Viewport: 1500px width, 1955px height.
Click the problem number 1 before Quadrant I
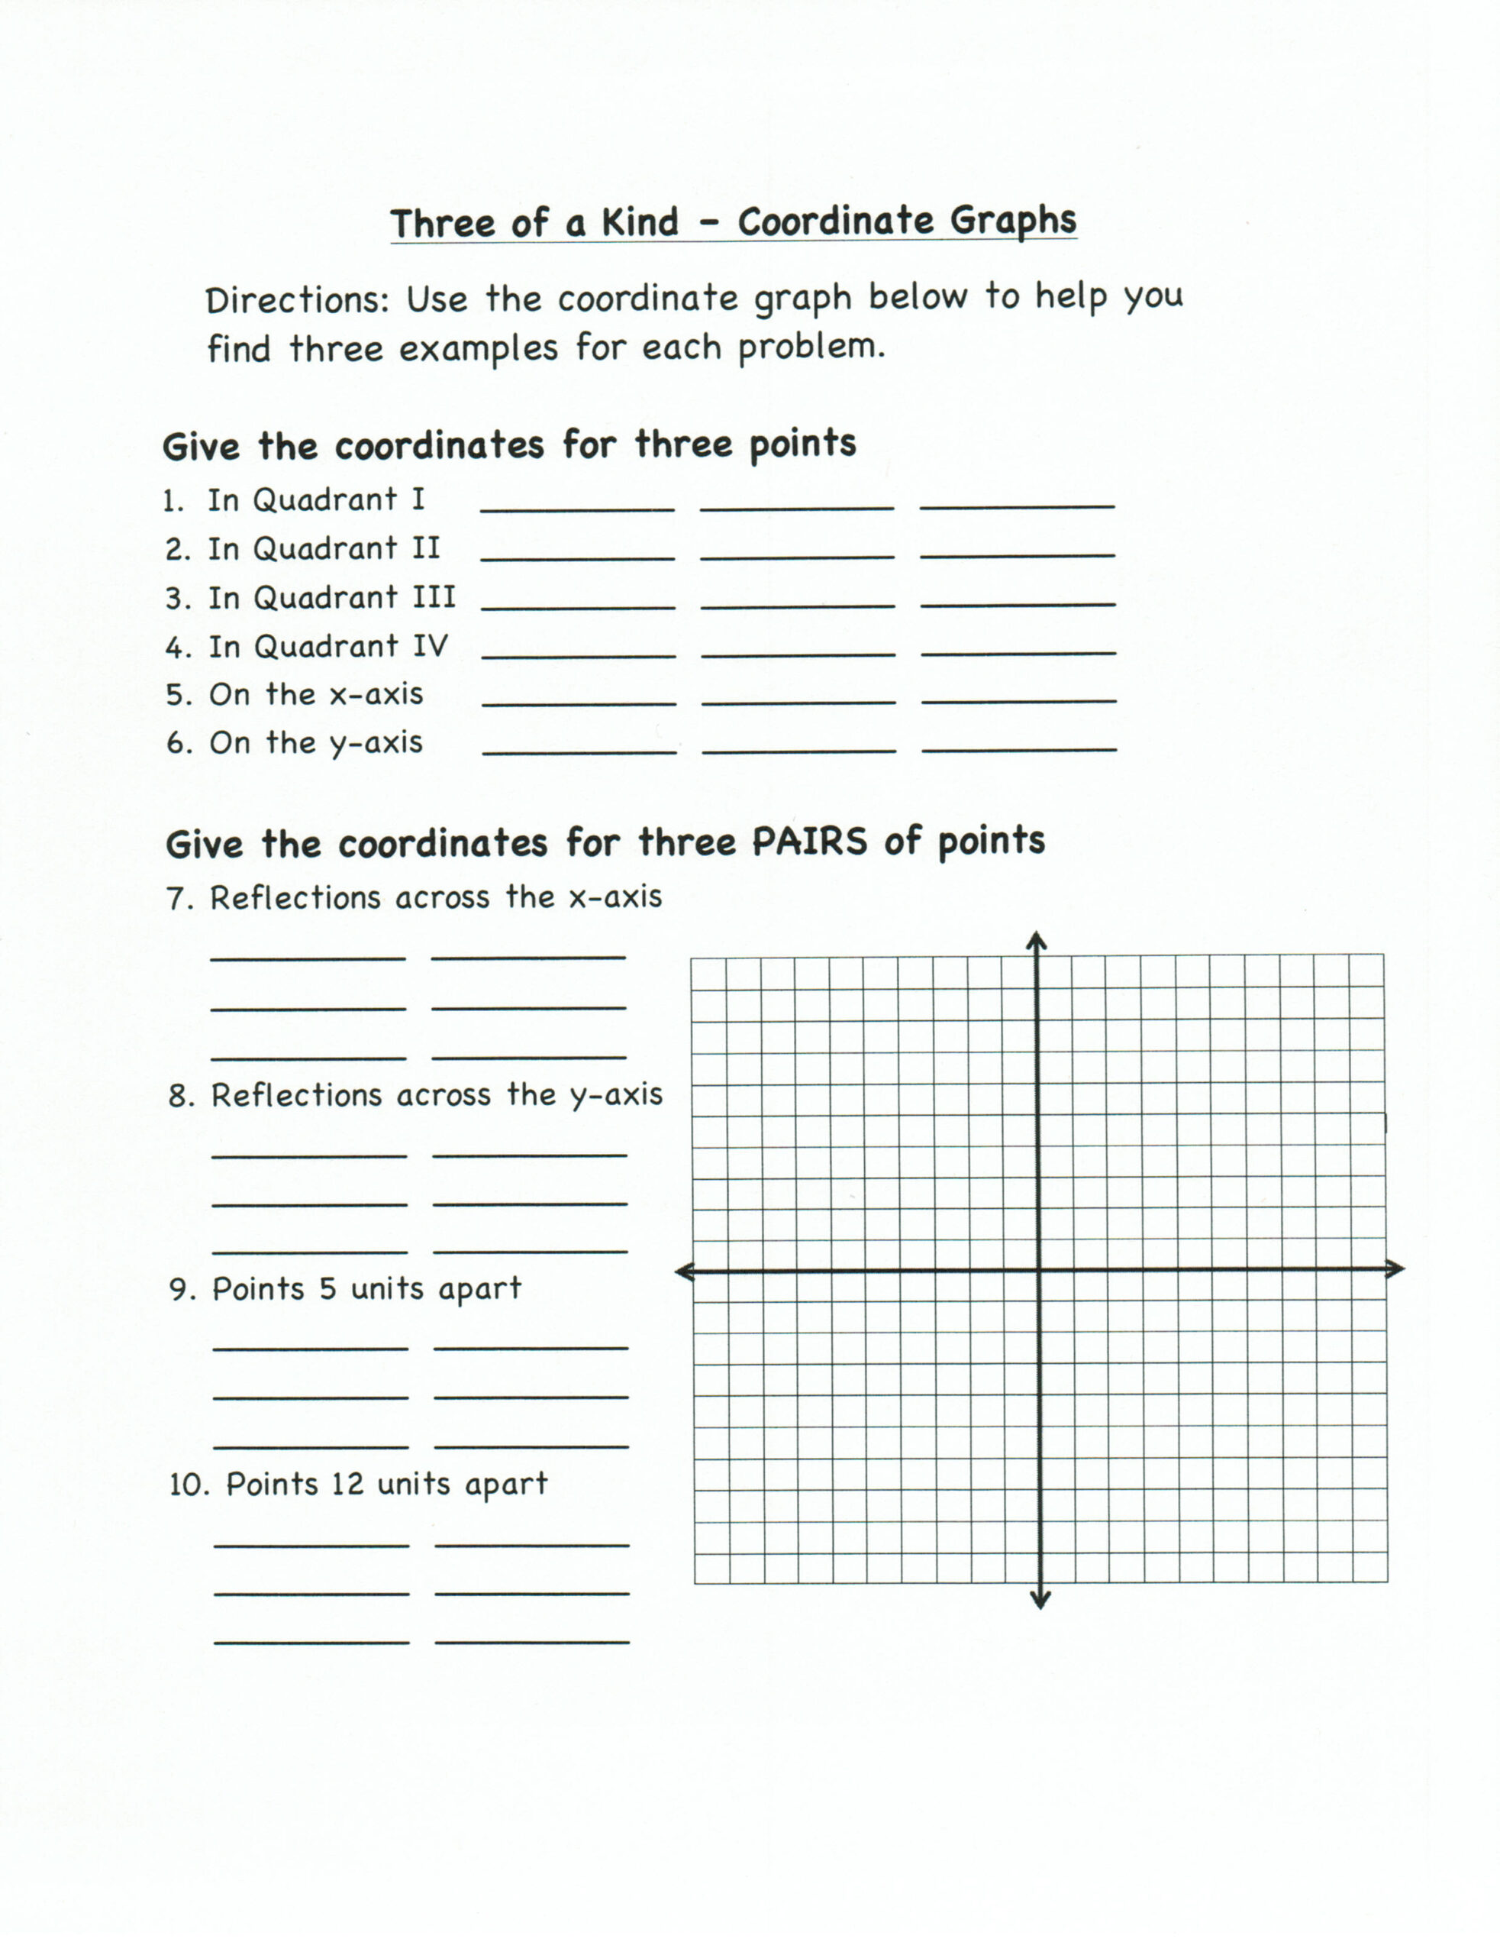coord(173,502)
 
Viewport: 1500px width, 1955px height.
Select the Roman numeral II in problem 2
coord(426,548)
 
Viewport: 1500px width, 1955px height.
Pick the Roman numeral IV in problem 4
coord(430,646)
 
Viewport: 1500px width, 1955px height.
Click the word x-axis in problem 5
coord(376,694)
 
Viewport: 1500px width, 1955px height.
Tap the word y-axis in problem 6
coord(376,743)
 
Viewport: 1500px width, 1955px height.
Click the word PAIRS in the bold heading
coord(809,842)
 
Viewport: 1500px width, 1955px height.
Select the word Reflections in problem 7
coord(295,897)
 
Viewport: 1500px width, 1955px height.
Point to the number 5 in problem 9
coord(327,1289)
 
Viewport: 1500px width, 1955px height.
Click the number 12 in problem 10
coord(347,1485)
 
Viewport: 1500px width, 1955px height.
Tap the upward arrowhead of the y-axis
coord(1036,940)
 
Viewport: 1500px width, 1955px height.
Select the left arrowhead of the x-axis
coord(685,1272)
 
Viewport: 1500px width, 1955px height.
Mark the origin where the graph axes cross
coord(1038,1270)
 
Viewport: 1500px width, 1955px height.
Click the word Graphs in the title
coord(1012,221)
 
